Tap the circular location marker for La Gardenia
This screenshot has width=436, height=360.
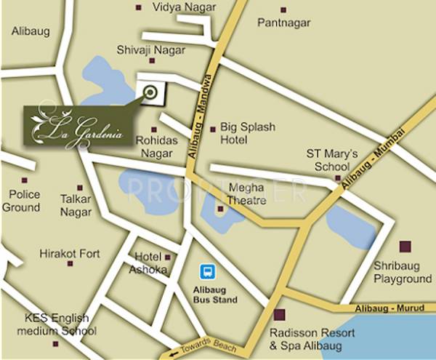(x=150, y=92)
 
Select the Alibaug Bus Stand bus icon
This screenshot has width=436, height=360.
(x=208, y=272)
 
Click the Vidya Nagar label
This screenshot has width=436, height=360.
(x=182, y=8)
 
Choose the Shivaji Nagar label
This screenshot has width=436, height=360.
(x=150, y=50)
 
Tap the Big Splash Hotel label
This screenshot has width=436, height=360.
(x=248, y=133)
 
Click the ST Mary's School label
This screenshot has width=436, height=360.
(x=332, y=159)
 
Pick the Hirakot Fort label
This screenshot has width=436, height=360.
(x=70, y=254)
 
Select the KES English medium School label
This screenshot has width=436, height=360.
(x=56, y=325)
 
